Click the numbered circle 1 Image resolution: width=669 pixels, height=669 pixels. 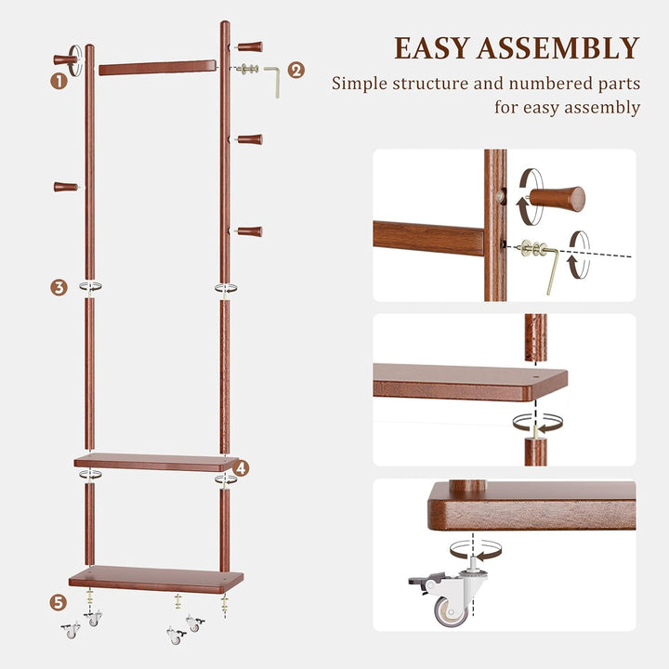[59, 81]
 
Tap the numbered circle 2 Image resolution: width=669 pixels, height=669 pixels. [295, 70]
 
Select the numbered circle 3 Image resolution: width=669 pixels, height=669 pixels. [59, 287]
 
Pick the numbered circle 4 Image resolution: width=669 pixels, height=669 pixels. [241, 467]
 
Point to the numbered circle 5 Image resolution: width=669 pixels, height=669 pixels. [59, 603]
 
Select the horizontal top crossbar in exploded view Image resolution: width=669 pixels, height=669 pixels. [157, 68]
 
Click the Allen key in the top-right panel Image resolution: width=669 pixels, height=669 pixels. [550, 265]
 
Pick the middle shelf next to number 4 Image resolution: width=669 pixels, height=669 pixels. [155, 462]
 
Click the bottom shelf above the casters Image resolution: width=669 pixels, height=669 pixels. [155, 579]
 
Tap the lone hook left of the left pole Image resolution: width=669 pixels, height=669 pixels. [65, 187]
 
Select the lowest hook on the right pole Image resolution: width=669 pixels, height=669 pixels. [249, 231]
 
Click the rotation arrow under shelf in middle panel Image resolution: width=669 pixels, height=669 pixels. [537, 422]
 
